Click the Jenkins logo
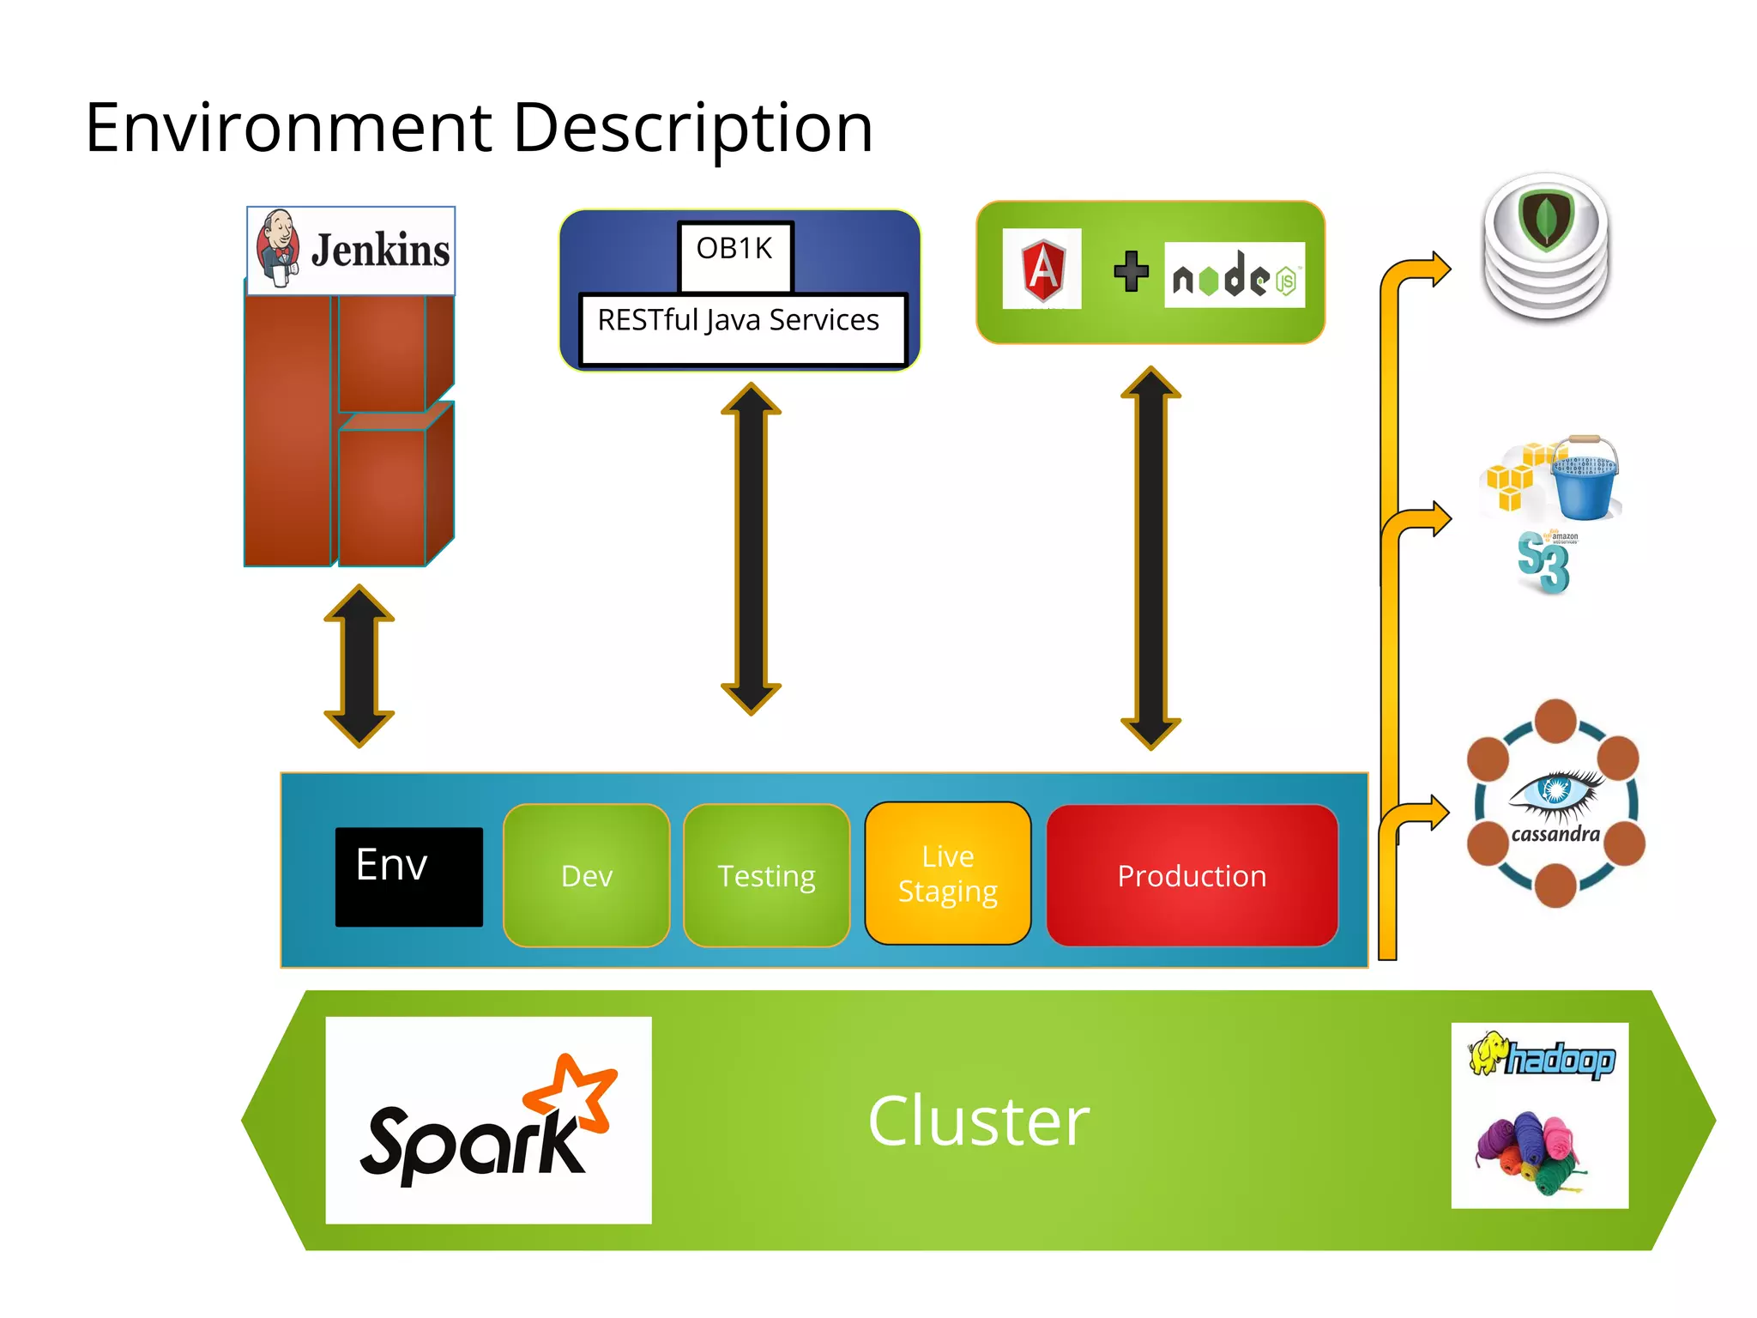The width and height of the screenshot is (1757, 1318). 351,251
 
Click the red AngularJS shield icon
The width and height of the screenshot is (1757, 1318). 1042,269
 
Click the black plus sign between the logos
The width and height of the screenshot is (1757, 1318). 1131,271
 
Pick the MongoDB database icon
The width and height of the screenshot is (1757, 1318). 1546,247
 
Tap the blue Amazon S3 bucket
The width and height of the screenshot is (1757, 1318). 1585,480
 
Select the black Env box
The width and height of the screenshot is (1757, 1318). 408,876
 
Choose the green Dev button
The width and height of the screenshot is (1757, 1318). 587,876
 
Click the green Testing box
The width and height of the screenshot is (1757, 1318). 766,876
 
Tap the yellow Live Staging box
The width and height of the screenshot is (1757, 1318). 947,874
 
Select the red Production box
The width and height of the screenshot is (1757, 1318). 1192,876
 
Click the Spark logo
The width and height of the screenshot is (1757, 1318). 488,1121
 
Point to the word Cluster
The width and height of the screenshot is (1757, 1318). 978,1121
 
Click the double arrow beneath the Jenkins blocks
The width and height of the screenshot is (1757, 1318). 359,666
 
